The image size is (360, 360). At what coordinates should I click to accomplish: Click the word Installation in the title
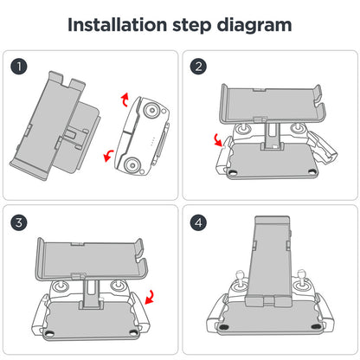118,25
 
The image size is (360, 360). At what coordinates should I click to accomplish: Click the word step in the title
192,26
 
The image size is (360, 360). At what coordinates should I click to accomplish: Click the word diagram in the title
254,26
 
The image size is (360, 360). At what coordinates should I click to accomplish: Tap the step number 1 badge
19,67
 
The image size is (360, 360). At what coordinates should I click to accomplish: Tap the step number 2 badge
198,67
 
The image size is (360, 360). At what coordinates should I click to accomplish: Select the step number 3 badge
19,222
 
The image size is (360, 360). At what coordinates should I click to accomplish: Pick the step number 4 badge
198,222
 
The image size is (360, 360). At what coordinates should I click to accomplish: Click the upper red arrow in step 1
125,100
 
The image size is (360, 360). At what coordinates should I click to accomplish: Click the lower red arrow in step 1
108,156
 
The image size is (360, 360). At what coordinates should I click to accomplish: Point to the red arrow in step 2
218,140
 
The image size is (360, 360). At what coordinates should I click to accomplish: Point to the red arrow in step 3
150,297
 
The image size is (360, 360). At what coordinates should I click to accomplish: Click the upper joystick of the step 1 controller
151,110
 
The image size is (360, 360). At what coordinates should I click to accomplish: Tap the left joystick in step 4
240,281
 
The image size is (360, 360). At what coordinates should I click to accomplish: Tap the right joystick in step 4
300,281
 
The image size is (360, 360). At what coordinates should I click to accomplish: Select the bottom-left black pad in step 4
223,327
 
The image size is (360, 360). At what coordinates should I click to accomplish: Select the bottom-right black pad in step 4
316,326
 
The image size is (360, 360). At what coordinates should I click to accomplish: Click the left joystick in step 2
242,129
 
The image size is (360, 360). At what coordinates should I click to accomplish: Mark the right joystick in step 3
118,286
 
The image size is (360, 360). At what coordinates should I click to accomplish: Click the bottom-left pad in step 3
49,333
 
